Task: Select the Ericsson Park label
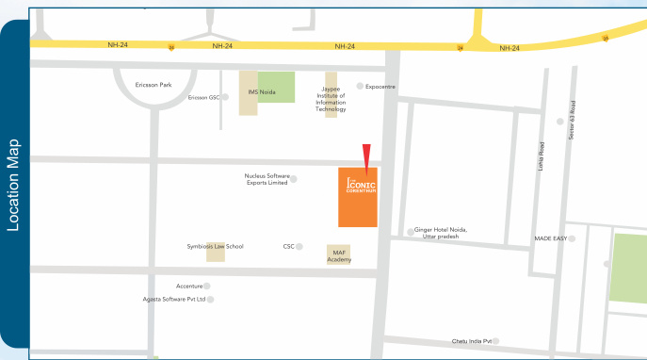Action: click(x=154, y=84)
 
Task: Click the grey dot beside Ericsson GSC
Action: click(x=225, y=96)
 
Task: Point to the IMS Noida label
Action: click(x=261, y=91)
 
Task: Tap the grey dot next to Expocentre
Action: click(x=359, y=86)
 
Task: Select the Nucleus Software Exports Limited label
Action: click(x=266, y=179)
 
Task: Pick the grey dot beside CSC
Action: click(x=299, y=246)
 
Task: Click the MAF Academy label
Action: click(x=339, y=255)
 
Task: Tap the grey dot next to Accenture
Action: click(x=207, y=286)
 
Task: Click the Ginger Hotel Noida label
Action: click(x=442, y=233)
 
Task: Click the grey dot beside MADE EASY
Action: click(x=572, y=238)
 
